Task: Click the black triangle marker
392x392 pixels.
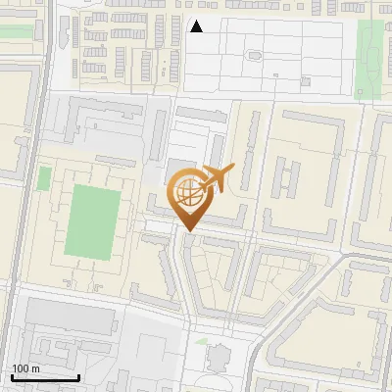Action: (x=196, y=26)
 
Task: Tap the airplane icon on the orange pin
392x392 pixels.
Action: (x=218, y=178)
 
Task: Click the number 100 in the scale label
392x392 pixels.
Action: (x=21, y=368)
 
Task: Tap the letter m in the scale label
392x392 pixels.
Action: (x=36, y=368)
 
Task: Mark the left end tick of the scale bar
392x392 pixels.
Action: (x=13, y=376)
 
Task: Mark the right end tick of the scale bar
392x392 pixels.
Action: (x=78, y=376)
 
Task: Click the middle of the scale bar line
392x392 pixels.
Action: (x=45, y=378)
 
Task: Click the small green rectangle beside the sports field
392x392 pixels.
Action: (x=44, y=179)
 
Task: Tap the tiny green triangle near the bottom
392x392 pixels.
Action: (x=201, y=341)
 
